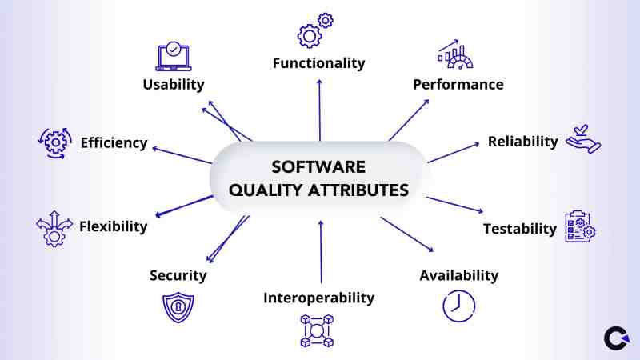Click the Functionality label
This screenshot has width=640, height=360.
318,62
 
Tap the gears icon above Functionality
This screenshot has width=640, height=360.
314,30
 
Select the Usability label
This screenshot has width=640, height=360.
174,84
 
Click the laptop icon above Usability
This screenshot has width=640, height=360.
175,56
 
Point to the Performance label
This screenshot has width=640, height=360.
458,84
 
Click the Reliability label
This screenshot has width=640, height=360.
522,141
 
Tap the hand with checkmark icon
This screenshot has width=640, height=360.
582,138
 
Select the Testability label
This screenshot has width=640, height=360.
519,229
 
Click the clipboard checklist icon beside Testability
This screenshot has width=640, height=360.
580,227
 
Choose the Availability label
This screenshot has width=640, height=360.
458,275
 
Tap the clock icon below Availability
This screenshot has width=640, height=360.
458,306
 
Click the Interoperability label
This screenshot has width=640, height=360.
318,298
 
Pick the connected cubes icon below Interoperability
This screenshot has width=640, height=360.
316,330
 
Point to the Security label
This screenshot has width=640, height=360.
178,275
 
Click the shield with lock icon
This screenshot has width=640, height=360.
178,306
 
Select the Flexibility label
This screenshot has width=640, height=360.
113,226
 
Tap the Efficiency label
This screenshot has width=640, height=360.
114,143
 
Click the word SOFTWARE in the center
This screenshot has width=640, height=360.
318,167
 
